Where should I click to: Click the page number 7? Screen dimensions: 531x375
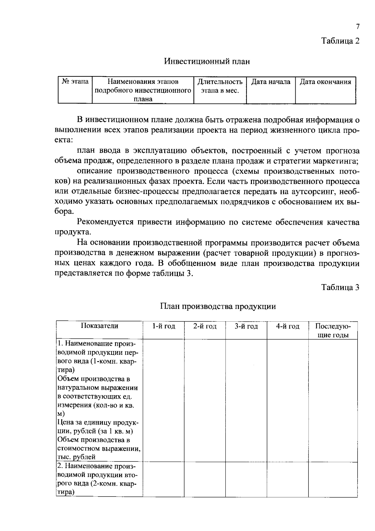pyautogui.click(x=357, y=27)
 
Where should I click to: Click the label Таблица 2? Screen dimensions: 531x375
pyautogui.click(x=341, y=41)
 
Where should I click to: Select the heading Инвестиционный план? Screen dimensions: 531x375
pyautogui.click(x=207, y=61)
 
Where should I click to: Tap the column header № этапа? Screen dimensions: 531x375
pyautogui.click(x=75, y=82)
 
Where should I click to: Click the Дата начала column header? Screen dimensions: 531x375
pyautogui.click(x=271, y=82)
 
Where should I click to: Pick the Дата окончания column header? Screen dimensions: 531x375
pyautogui.click(x=325, y=82)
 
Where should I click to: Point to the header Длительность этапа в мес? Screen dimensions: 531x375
pyautogui.click(x=220, y=86)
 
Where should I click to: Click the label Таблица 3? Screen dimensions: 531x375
pyautogui.click(x=341, y=287)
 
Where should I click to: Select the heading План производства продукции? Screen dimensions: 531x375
pyautogui.click(x=218, y=306)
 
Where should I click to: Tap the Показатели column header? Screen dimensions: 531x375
pyautogui.click(x=99, y=326)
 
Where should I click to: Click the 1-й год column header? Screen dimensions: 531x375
pyautogui.click(x=164, y=326)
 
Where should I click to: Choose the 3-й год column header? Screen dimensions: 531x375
pyautogui.click(x=246, y=326)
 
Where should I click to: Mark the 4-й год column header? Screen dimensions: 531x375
pyautogui.click(x=287, y=326)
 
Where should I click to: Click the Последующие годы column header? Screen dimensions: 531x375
pyautogui.click(x=333, y=330)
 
